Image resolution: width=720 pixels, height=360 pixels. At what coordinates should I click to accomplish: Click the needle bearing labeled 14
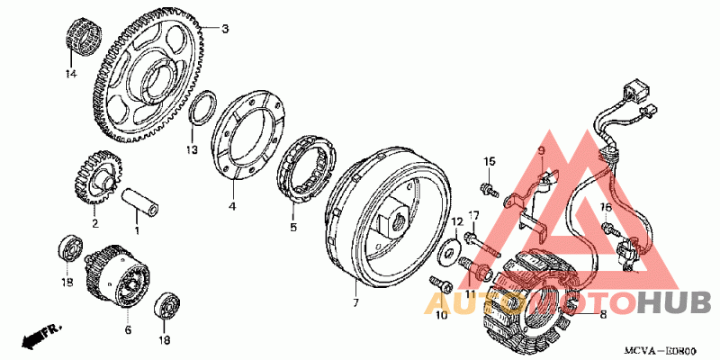(x=83, y=39)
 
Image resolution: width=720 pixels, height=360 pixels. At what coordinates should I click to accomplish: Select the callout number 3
(x=226, y=29)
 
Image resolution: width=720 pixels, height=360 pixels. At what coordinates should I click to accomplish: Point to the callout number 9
(x=543, y=150)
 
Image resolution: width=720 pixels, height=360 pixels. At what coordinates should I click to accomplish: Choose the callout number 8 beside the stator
(x=602, y=314)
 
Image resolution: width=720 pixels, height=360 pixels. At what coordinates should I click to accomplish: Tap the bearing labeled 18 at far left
(x=68, y=248)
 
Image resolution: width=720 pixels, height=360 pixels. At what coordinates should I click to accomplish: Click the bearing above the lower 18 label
(x=166, y=305)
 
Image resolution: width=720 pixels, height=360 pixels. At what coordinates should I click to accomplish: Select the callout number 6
(x=128, y=330)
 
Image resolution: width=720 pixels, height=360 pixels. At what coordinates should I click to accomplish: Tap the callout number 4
(x=231, y=207)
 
